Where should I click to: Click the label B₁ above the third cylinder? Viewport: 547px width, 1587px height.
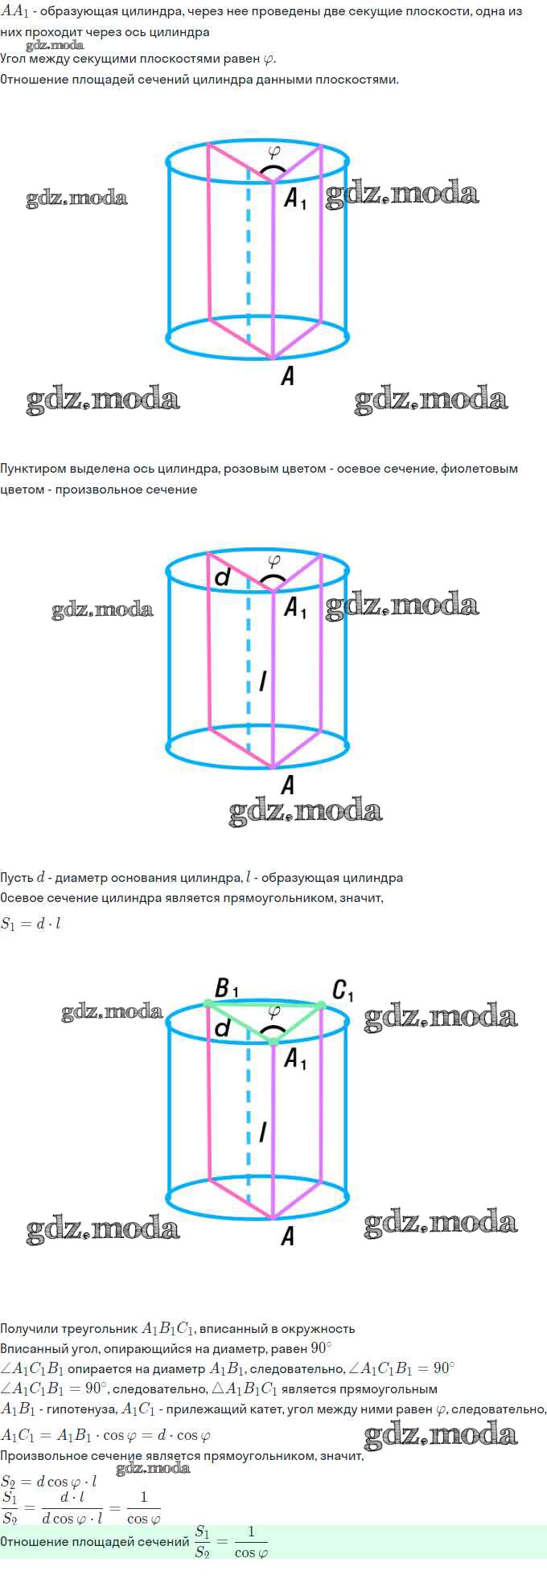[226, 988]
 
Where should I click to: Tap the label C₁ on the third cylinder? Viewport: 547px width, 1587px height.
[343, 990]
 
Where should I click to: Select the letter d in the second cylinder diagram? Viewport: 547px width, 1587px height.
[223, 576]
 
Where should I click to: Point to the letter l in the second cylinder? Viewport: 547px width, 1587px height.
[263, 682]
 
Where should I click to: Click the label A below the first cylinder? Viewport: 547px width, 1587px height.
[287, 375]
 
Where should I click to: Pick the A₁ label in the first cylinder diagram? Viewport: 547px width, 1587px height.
[295, 199]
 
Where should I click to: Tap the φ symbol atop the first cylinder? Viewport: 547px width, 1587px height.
[274, 150]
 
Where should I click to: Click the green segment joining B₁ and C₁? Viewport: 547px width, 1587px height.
[264, 1004]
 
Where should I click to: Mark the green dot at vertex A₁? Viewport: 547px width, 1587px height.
[273, 1042]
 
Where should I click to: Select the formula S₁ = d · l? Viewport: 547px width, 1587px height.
[31, 924]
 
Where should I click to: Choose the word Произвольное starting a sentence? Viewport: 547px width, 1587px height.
[43, 1456]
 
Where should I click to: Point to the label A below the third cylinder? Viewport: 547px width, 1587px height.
[287, 1236]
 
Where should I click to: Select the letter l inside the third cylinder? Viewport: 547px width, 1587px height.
[263, 1132]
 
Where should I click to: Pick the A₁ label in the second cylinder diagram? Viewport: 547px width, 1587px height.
[295, 608]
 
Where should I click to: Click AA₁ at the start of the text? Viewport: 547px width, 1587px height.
[14, 12]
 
